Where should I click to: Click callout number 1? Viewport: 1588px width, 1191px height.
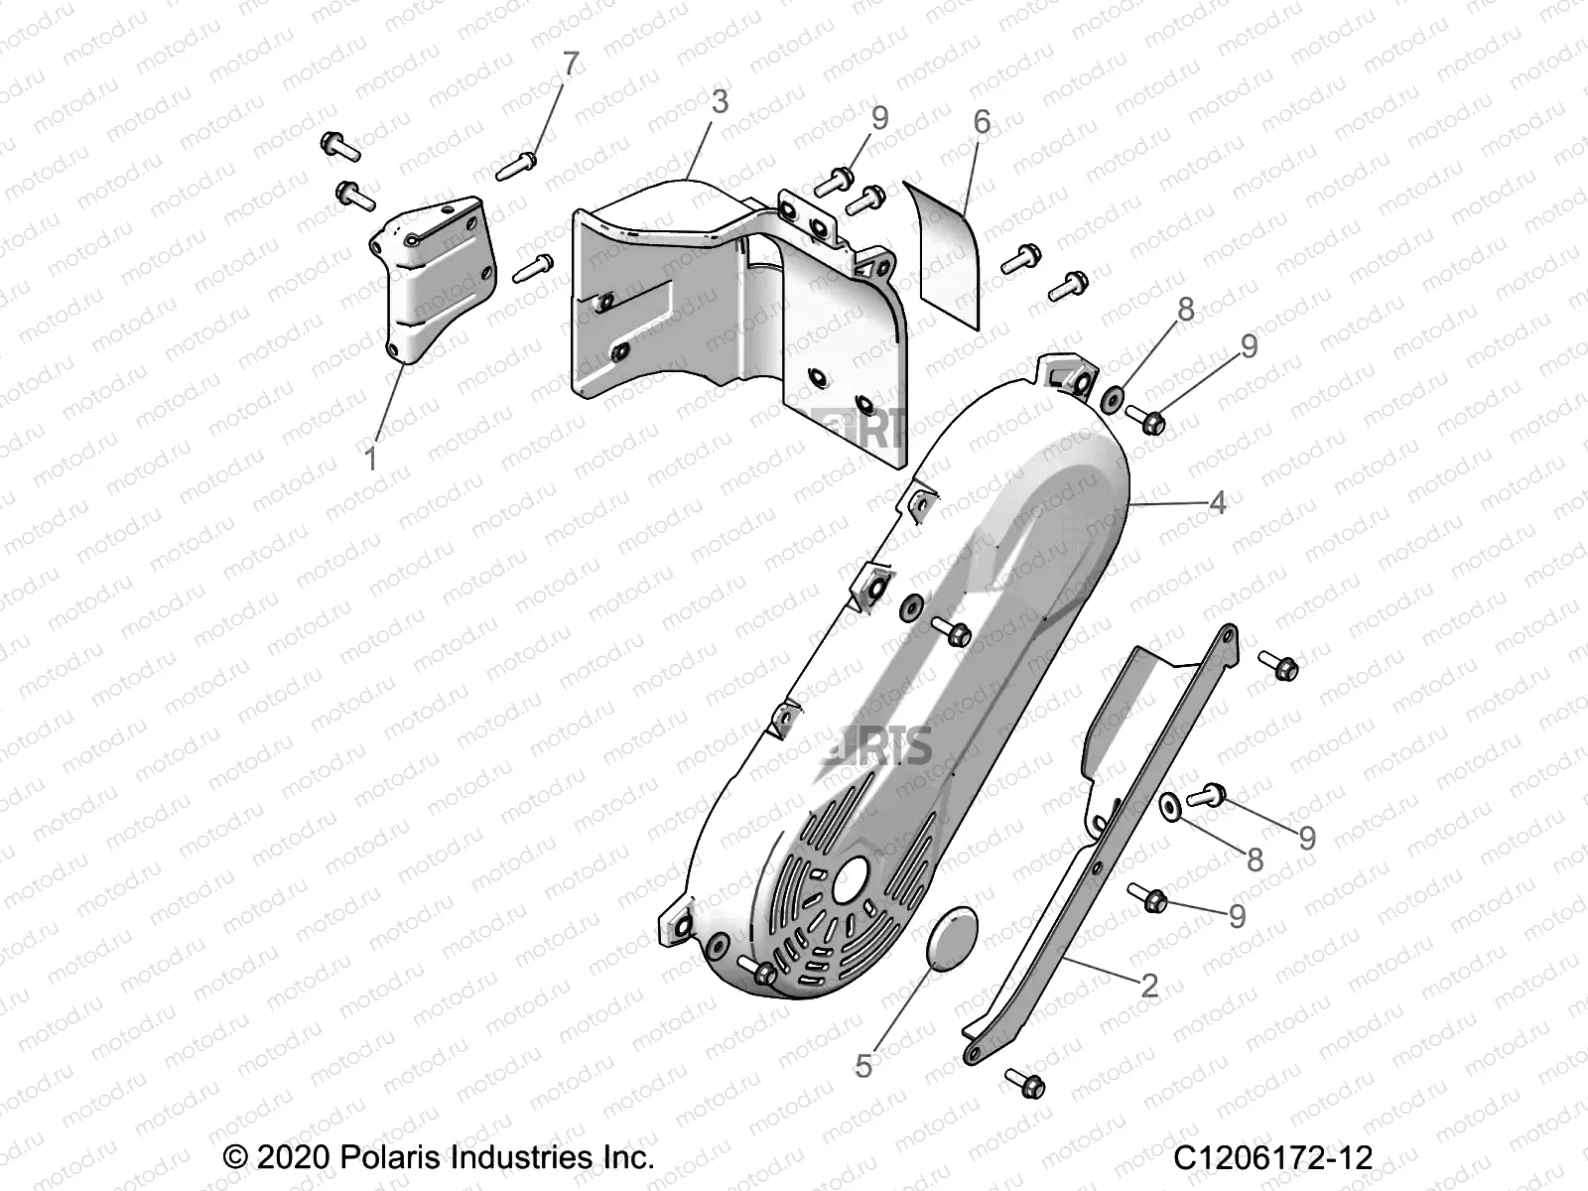tap(371, 460)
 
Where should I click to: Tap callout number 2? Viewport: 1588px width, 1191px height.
tap(1149, 986)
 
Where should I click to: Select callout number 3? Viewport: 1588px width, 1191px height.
tap(720, 101)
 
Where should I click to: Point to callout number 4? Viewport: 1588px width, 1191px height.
tap(1217, 502)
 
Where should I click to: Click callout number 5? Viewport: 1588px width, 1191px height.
tap(863, 1066)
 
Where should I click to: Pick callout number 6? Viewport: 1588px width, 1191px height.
tap(982, 122)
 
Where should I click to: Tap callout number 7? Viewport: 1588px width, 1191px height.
tap(571, 64)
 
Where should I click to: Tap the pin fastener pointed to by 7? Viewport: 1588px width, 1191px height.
tap(516, 164)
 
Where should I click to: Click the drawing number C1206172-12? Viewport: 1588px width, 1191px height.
tap(1272, 1157)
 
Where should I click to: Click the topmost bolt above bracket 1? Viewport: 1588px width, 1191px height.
tap(339, 147)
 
